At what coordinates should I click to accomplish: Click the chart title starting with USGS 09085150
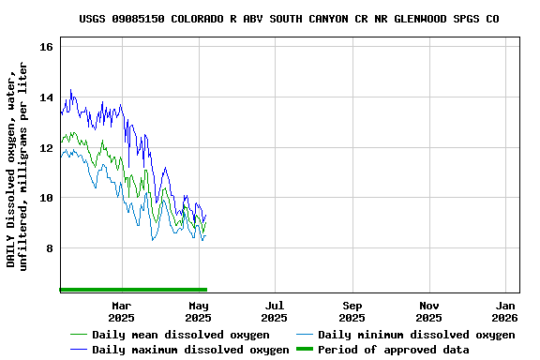click(x=289, y=18)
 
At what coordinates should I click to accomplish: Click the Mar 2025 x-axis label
click(x=121, y=311)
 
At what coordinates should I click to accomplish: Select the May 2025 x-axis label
click(x=198, y=311)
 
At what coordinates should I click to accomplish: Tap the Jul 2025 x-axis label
click(x=275, y=311)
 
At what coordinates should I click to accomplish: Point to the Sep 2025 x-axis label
click(x=352, y=311)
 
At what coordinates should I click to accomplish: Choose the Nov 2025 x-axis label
click(x=428, y=311)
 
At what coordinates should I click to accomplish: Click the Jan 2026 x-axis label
click(x=505, y=311)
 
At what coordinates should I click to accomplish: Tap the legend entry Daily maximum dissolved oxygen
click(x=190, y=350)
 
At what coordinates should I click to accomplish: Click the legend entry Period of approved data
click(x=393, y=350)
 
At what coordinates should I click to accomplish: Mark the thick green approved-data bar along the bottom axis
click(x=132, y=290)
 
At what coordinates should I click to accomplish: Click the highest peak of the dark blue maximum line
click(x=70, y=90)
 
